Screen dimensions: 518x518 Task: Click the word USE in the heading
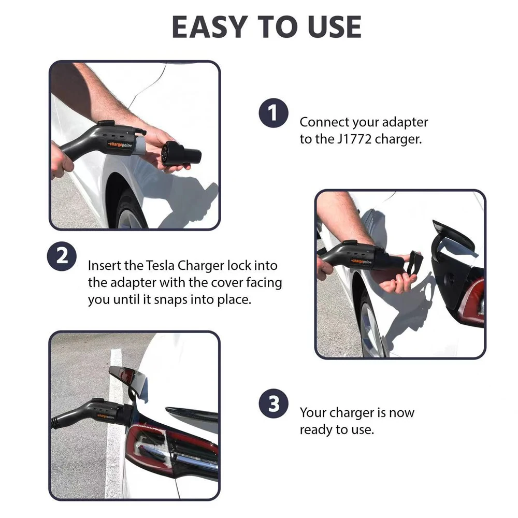pyautogui.click(x=334, y=27)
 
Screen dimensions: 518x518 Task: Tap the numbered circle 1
pyautogui.click(x=273, y=113)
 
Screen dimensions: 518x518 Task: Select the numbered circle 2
pyautogui.click(x=62, y=256)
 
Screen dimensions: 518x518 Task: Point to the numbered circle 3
pyautogui.click(x=274, y=404)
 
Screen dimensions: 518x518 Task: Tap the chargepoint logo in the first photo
pyautogui.click(x=120, y=145)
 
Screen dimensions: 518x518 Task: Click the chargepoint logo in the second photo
pyautogui.click(x=362, y=262)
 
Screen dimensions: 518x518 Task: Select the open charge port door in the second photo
pyautogui.click(x=453, y=237)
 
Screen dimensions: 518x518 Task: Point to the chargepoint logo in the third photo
pyautogui.click(x=106, y=416)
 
